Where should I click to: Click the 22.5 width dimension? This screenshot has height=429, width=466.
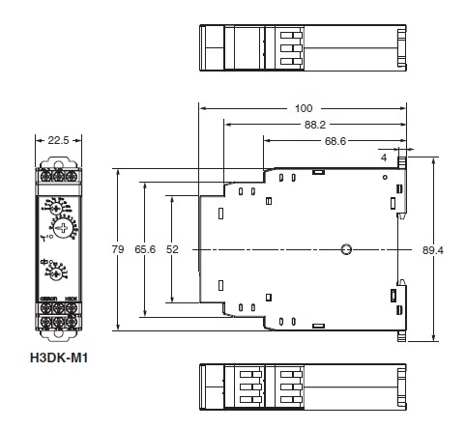(59, 139)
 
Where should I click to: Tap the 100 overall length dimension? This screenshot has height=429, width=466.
(304, 108)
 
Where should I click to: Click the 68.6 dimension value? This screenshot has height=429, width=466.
(335, 141)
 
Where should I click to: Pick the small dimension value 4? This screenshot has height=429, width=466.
(384, 156)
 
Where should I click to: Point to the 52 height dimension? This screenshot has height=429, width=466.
(173, 249)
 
